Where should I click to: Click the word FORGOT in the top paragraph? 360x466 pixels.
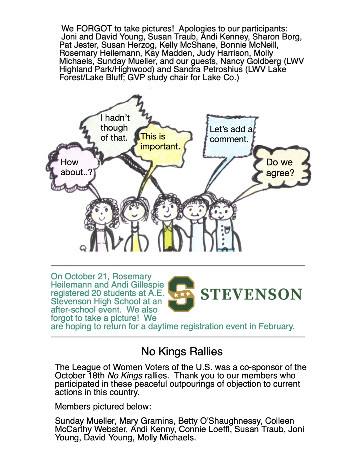pyautogui.click(x=94, y=29)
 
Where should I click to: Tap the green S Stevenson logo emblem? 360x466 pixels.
pyautogui.click(x=181, y=294)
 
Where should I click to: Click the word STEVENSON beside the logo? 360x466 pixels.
pyautogui.click(x=251, y=294)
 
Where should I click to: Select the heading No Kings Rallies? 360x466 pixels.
pyautogui.click(x=182, y=352)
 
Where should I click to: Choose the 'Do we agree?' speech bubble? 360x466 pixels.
pyautogui.click(x=280, y=167)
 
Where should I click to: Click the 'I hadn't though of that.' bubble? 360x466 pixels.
pyautogui.click(x=115, y=128)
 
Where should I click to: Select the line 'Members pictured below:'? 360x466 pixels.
pyautogui.click(x=103, y=407)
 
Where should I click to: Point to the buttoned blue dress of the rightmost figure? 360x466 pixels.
pyautogui.click(x=225, y=235)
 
